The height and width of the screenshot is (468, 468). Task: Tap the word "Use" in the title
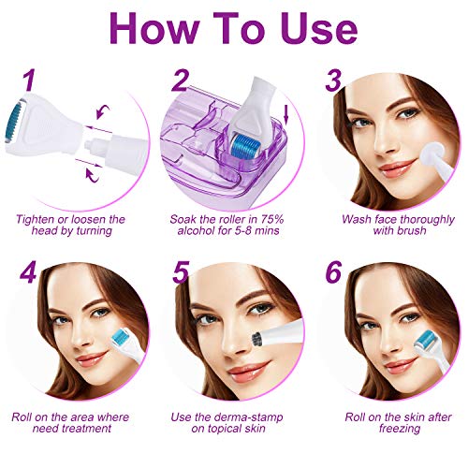click(321, 28)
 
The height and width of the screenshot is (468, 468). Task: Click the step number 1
click(29, 80)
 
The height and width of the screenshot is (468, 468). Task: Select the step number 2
click(180, 80)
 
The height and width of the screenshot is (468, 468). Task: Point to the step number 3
click(333, 80)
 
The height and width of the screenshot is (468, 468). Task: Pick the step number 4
click(28, 272)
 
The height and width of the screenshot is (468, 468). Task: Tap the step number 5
click(181, 272)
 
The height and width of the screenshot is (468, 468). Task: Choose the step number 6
click(333, 272)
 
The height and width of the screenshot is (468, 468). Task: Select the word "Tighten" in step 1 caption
click(35, 219)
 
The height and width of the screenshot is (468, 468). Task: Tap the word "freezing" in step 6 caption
click(400, 429)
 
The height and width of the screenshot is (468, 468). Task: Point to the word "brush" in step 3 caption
click(412, 231)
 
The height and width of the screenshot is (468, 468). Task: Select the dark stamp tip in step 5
click(256, 340)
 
